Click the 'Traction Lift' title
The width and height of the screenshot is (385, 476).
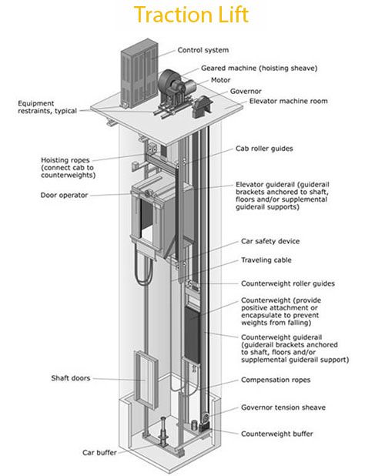(x=192, y=15)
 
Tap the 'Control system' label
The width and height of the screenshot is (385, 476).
(x=203, y=50)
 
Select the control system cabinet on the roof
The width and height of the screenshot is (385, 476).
(x=139, y=73)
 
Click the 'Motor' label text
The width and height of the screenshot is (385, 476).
(x=220, y=80)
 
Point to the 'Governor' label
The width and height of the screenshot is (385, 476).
(x=246, y=91)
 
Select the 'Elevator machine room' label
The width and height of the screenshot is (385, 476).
(x=288, y=101)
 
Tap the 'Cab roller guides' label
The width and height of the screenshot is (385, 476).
(x=264, y=149)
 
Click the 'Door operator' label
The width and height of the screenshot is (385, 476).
(x=65, y=195)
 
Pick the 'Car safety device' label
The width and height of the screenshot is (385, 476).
(x=270, y=241)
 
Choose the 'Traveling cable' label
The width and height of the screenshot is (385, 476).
(x=266, y=260)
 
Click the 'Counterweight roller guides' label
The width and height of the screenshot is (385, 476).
(x=288, y=283)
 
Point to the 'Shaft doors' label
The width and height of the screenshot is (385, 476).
(x=71, y=378)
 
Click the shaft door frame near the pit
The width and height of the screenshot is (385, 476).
(x=146, y=380)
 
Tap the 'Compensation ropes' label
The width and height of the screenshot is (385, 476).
(x=276, y=380)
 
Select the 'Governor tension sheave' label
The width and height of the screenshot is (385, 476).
(x=283, y=407)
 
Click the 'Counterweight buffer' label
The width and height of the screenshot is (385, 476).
(x=276, y=434)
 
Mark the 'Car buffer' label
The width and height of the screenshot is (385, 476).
(x=99, y=453)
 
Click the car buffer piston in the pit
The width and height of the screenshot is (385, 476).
(x=163, y=431)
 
